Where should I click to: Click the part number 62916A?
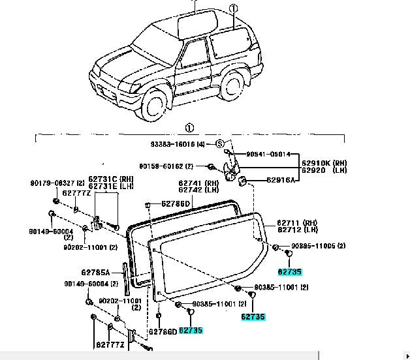tap(281, 179)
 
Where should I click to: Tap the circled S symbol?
tap(220, 144)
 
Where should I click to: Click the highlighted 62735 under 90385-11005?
tap(290, 271)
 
